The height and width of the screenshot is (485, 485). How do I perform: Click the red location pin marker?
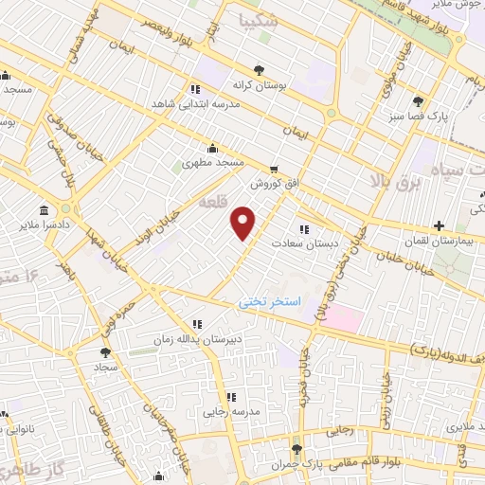244,223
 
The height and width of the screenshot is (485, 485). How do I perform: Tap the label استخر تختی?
268,301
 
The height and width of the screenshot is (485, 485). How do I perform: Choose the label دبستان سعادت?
305,243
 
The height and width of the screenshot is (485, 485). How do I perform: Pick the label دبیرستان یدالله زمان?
197,338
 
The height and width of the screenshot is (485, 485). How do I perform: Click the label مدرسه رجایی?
229,412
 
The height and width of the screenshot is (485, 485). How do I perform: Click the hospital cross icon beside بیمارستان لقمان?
438,225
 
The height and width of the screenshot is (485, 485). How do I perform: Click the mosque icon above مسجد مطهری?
212,148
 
